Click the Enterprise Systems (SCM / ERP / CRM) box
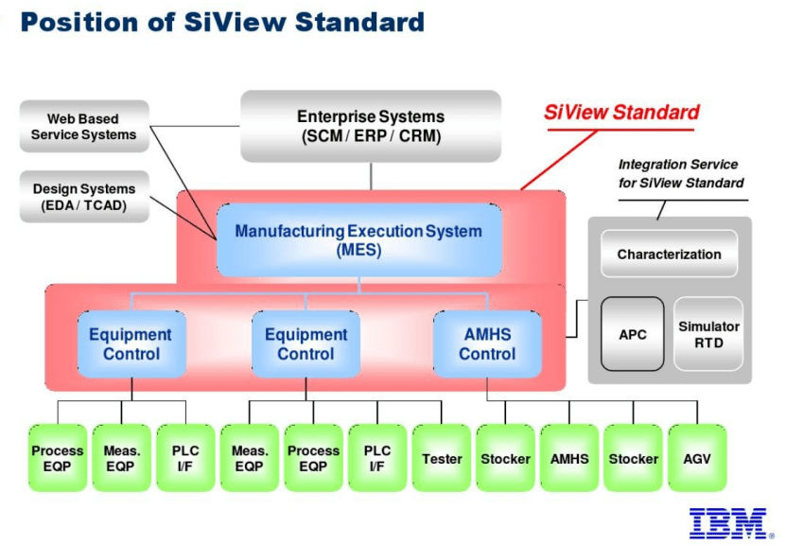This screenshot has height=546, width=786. (x=371, y=126)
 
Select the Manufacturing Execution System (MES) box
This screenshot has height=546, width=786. (x=358, y=240)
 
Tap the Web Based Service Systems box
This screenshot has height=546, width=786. (x=83, y=127)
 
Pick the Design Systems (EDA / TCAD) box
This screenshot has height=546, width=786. (x=83, y=197)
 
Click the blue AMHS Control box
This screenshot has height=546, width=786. (x=486, y=344)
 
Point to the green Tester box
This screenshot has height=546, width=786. (x=442, y=459)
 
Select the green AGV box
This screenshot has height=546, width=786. (x=696, y=459)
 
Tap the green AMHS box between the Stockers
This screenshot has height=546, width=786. (x=569, y=459)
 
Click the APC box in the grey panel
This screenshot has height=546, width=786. (x=632, y=334)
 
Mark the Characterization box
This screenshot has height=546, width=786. (x=669, y=254)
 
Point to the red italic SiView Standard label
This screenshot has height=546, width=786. (x=621, y=113)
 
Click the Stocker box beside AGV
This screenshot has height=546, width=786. (x=633, y=459)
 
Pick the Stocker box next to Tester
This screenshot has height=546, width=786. (x=505, y=459)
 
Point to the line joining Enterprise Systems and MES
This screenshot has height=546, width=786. (x=371, y=176)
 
